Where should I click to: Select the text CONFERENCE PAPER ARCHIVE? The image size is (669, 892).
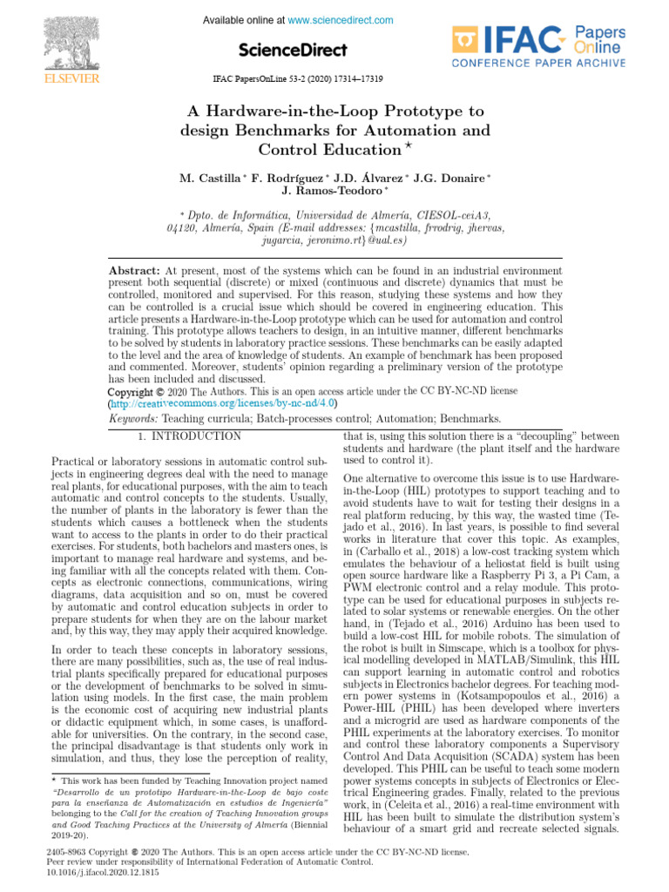click(x=537, y=63)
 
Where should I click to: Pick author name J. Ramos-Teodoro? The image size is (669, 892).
click(x=333, y=190)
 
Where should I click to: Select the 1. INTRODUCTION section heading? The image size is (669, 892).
click(x=193, y=435)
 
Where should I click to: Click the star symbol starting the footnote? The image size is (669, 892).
click(x=54, y=781)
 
